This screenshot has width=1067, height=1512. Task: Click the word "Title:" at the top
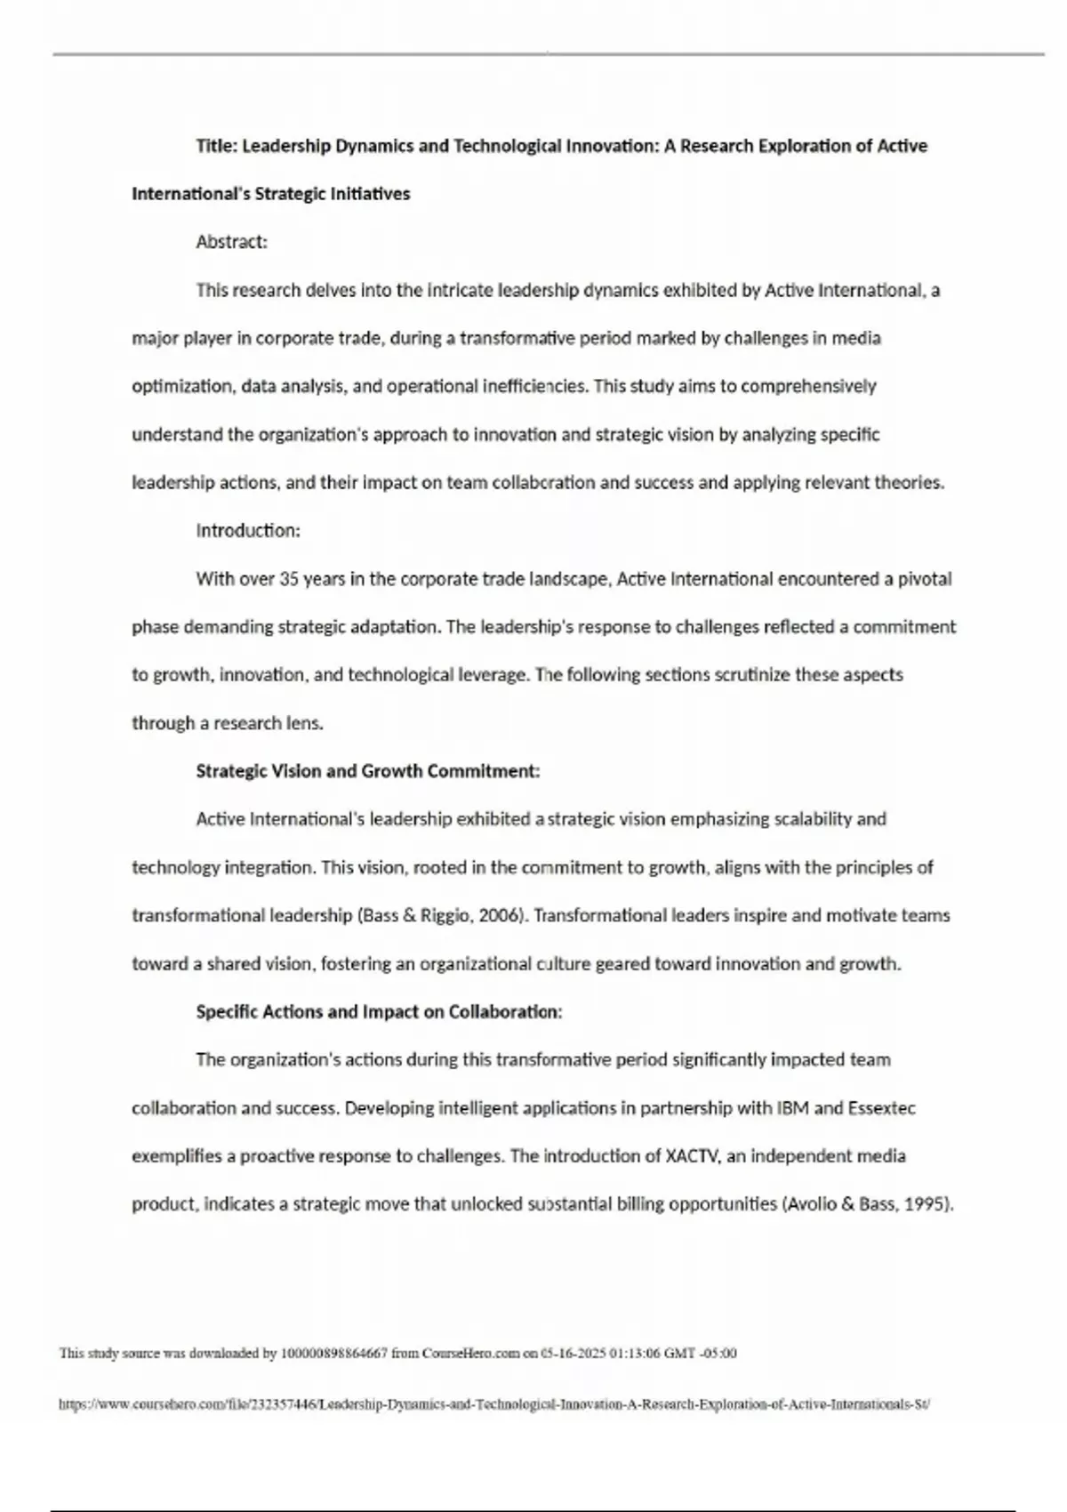pos(217,146)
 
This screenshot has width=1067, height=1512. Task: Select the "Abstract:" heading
pos(231,242)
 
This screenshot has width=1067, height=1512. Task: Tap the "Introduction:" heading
pos(248,531)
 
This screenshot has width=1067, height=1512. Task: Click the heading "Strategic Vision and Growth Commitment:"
pos(367,771)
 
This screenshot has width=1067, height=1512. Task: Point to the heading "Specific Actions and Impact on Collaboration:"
pos(379,1012)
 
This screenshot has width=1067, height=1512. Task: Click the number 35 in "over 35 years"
pos(289,579)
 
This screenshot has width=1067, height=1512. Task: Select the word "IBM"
pos(793,1108)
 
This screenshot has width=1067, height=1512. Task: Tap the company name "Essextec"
pos(881,1108)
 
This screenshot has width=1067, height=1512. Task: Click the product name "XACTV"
pos(694,1156)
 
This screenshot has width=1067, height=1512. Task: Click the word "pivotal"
pos(925,579)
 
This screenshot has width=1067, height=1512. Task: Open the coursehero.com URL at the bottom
pos(493,1405)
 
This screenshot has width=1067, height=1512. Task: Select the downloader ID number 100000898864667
pos(333,1354)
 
